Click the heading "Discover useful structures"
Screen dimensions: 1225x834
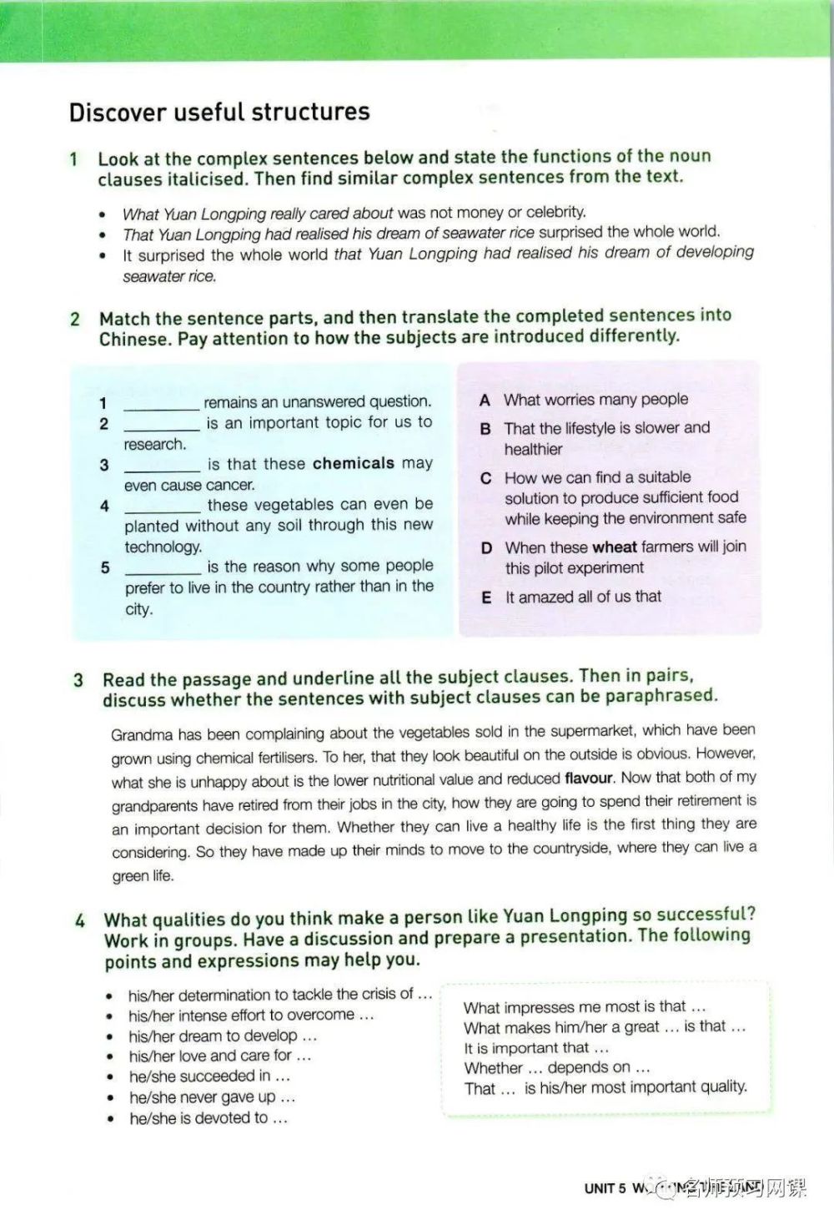(219, 112)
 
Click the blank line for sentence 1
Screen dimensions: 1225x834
(161, 405)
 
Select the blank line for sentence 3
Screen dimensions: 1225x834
(162, 466)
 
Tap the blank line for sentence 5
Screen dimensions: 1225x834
(163, 570)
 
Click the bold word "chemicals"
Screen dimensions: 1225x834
(354, 463)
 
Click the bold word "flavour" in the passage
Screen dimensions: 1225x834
(589, 778)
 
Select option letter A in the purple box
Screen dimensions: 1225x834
(485, 401)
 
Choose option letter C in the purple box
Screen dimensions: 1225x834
(486, 479)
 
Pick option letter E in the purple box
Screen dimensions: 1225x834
(486, 597)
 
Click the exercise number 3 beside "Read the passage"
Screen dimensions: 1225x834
(78, 680)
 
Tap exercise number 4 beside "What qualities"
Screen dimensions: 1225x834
(80, 921)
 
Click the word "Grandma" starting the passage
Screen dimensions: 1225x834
(141, 735)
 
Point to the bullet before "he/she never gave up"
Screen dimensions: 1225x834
(110, 1099)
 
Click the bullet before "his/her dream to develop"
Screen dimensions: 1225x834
(109, 1037)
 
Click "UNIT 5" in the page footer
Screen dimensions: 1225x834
(605, 1188)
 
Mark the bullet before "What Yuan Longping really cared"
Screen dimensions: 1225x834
(103, 214)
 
